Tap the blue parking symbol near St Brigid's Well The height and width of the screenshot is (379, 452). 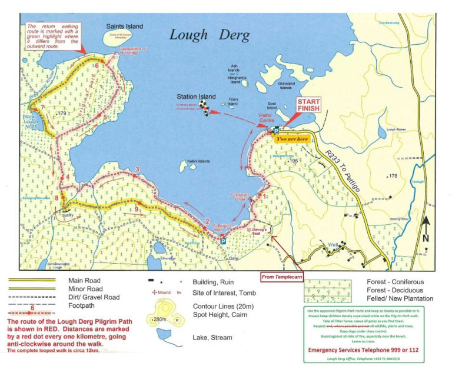coord(223,241)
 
